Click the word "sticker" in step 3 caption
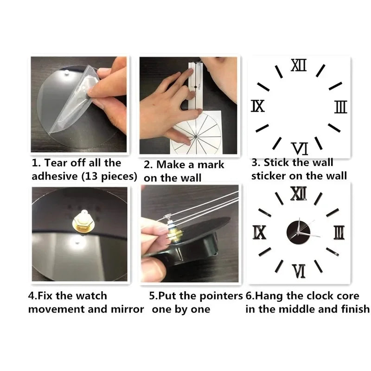(x=269, y=176)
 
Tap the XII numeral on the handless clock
(x=299, y=66)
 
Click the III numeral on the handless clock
(x=340, y=107)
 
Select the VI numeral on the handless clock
(x=300, y=148)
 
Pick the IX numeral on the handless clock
(x=258, y=106)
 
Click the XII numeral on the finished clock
(x=299, y=192)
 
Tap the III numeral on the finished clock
(x=339, y=231)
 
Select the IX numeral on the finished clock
(x=260, y=231)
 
